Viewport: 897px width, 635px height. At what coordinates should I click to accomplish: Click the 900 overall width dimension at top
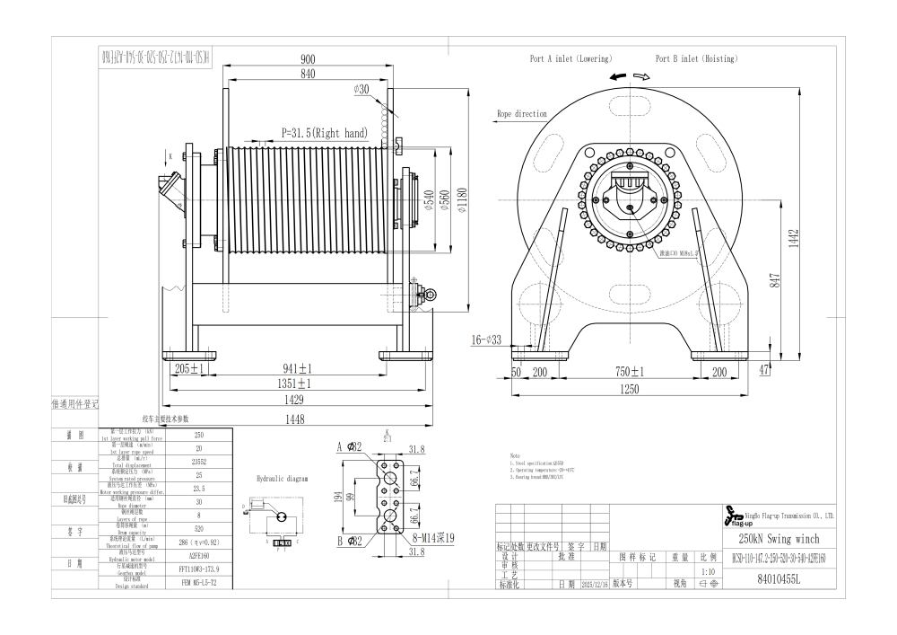click(307, 58)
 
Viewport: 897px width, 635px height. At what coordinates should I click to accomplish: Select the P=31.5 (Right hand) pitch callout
click(325, 133)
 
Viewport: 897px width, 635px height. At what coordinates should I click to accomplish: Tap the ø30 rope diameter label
click(362, 89)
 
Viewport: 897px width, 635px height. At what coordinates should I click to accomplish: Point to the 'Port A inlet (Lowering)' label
click(570, 59)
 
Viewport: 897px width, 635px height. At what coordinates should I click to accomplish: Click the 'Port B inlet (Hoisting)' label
click(696, 59)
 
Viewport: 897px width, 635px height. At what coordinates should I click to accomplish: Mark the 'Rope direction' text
click(522, 115)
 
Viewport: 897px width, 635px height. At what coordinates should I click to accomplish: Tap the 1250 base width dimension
click(630, 389)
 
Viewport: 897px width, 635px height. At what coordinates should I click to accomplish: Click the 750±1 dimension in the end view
click(630, 371)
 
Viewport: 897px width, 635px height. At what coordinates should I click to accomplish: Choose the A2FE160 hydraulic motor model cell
click(199, 556)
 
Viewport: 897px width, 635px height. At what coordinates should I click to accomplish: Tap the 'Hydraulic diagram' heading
click(283, 480)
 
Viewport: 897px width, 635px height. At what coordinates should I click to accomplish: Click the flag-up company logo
click(733, 517)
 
